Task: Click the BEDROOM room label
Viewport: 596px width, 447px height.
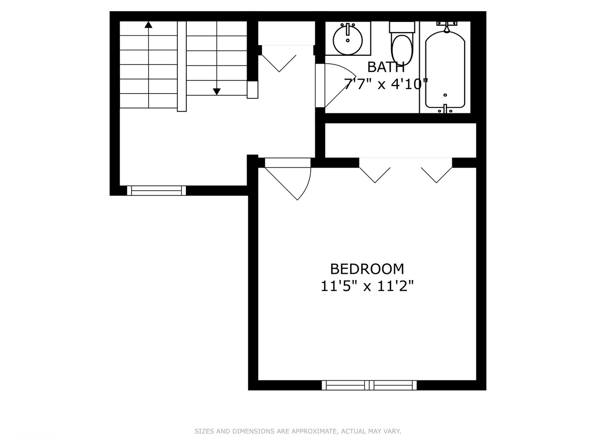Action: click(367, 269)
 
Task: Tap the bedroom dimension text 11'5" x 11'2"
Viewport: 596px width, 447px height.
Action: click(367, 286)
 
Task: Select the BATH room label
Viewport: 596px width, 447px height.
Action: click(386, 67)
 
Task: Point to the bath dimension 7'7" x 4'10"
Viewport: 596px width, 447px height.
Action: click(386, 84)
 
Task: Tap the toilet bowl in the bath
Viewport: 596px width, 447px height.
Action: click(402, 49)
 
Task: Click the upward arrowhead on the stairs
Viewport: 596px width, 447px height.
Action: click(148, 25)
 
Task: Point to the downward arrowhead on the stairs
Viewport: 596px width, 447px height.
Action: click(216, 91)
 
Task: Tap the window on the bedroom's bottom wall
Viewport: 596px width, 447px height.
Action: click(369, 385)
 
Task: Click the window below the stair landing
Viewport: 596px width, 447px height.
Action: click(156, 190)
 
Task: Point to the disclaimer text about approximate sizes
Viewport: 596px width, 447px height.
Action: click(298, 431)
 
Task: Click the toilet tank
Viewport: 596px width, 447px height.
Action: click(402, 27)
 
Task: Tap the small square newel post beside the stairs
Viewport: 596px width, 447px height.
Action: click(252, 89)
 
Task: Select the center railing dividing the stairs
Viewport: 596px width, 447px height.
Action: click(182, 66)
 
